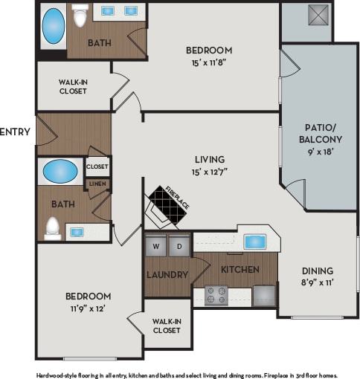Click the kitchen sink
click(x=255, y=242)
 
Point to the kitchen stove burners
click(x=216, y=295)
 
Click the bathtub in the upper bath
click(x=53, y=26)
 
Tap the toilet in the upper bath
click(x=80, y=15)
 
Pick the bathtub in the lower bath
click(x=60, y=172)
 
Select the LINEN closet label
click(x=97, y=184)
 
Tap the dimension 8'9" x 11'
click(x=317, y=283)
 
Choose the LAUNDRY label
click(x=167, y=275)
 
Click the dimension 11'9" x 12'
click(x=89, y=308)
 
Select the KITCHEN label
click(x=240, y=269)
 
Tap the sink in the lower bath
click(x=77, y=232)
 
